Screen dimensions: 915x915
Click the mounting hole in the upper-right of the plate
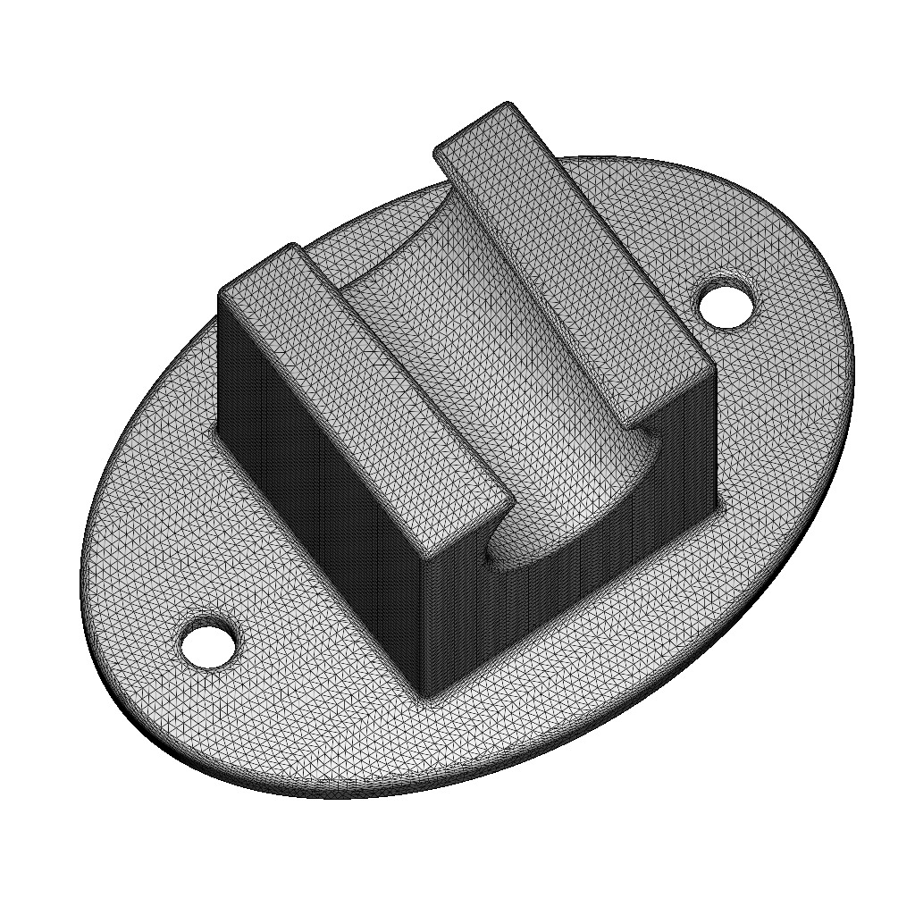click(x=726, y=306)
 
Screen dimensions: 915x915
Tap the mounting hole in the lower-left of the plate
click(x=209, y=642)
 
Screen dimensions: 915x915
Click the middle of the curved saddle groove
click(x=465, y=357)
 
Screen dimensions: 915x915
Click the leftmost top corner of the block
click(x=221, y=293)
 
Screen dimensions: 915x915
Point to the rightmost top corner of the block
click(x=714, y=366)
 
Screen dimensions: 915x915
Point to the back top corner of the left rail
click(x=290, y=243)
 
